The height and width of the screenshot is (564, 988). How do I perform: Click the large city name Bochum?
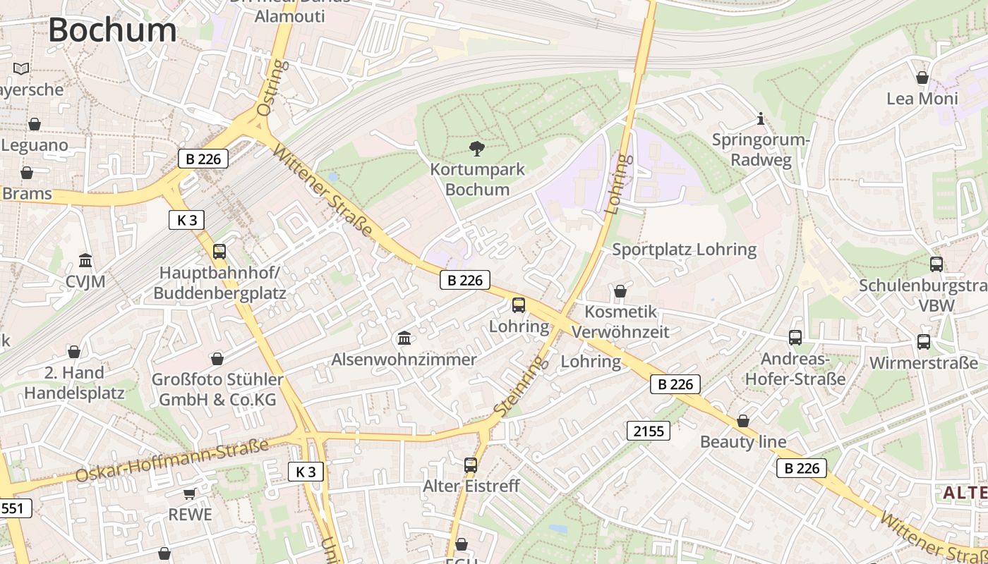coord(112,30)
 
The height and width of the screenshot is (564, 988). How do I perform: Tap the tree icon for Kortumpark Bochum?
coord(477,148)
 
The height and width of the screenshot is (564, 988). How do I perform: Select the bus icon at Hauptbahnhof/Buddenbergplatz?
coord(219,251)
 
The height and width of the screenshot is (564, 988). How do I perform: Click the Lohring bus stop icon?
coord(519,305)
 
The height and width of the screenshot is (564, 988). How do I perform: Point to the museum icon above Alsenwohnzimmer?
coord(404,338)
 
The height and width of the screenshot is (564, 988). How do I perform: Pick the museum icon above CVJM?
coord(85,261)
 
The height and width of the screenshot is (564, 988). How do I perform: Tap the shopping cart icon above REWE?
coord(189,493)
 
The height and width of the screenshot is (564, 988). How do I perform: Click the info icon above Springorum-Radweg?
coord(760,118)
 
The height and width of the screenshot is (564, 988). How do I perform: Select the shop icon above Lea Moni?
coord(922,78)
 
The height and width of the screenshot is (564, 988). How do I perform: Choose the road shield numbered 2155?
coord(649,430)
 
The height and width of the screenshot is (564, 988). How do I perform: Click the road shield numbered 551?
coord(14,508)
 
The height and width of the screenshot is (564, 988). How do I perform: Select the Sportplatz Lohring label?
coord(684,250)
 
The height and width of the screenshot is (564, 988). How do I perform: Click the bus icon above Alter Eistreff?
coord(471,465)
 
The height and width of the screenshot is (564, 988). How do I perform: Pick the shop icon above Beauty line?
coord(743,421)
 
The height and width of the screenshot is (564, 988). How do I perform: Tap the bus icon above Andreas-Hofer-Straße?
coord(795,338)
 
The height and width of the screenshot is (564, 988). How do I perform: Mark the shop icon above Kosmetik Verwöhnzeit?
coord(620,291)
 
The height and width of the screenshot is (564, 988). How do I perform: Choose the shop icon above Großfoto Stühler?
coord(217,359)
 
